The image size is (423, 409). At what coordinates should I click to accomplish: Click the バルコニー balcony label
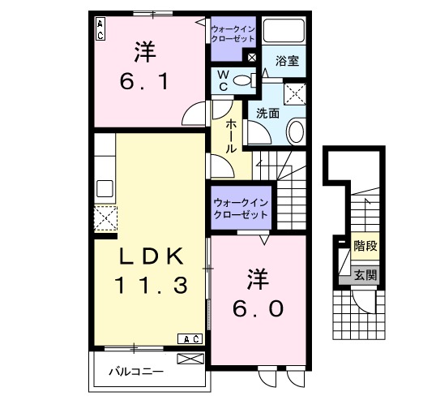137,372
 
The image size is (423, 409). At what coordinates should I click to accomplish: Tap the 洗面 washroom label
268,113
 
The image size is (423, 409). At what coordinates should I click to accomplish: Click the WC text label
221,80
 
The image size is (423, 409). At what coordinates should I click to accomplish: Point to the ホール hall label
231,136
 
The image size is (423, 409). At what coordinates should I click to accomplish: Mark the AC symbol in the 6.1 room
100,29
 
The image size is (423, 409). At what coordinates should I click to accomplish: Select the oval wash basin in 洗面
296,131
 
